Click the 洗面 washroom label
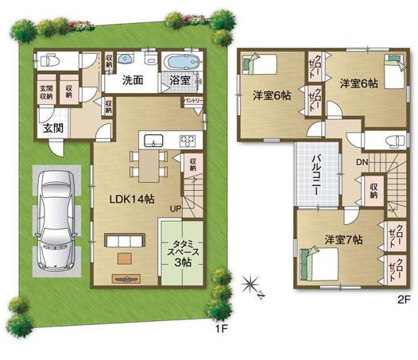tap(133, 80)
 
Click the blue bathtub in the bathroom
tap(180, 60)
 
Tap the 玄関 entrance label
tap(31, 128)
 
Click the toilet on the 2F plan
tap(388, 141)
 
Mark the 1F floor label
tap(212, 328)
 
